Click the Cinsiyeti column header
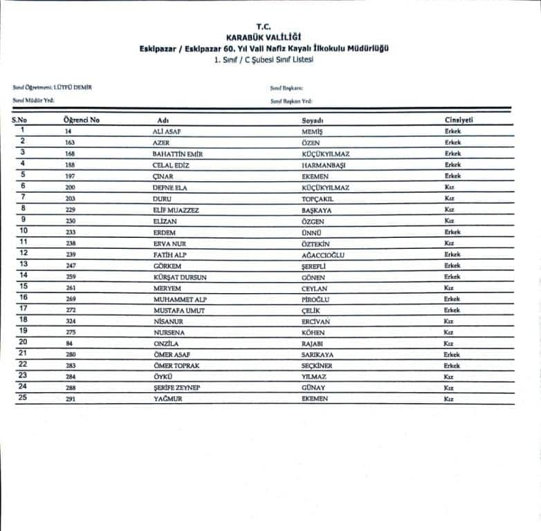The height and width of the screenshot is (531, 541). click(x=459, y=120)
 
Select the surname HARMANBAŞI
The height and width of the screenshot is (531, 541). click(x=323, y=165)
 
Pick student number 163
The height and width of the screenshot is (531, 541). click(x=70, y=142)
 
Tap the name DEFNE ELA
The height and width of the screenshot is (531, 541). click(x=170, y=187)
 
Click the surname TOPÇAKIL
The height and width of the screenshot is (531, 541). click(x=318, y=198)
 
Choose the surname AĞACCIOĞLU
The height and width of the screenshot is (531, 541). click(x=323, y=254)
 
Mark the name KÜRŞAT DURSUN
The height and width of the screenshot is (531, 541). click(x=180, y=277)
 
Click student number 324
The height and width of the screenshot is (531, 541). click(x=70, y=322)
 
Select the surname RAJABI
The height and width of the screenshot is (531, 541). click(x=313, y=344)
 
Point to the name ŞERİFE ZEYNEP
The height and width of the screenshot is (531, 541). click(x=176, y=389)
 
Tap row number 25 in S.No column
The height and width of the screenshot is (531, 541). click(x=23, y=399)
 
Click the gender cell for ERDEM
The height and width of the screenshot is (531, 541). click(x=452, y=232)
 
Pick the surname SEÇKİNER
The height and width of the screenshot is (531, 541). click(x=317, y=366)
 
